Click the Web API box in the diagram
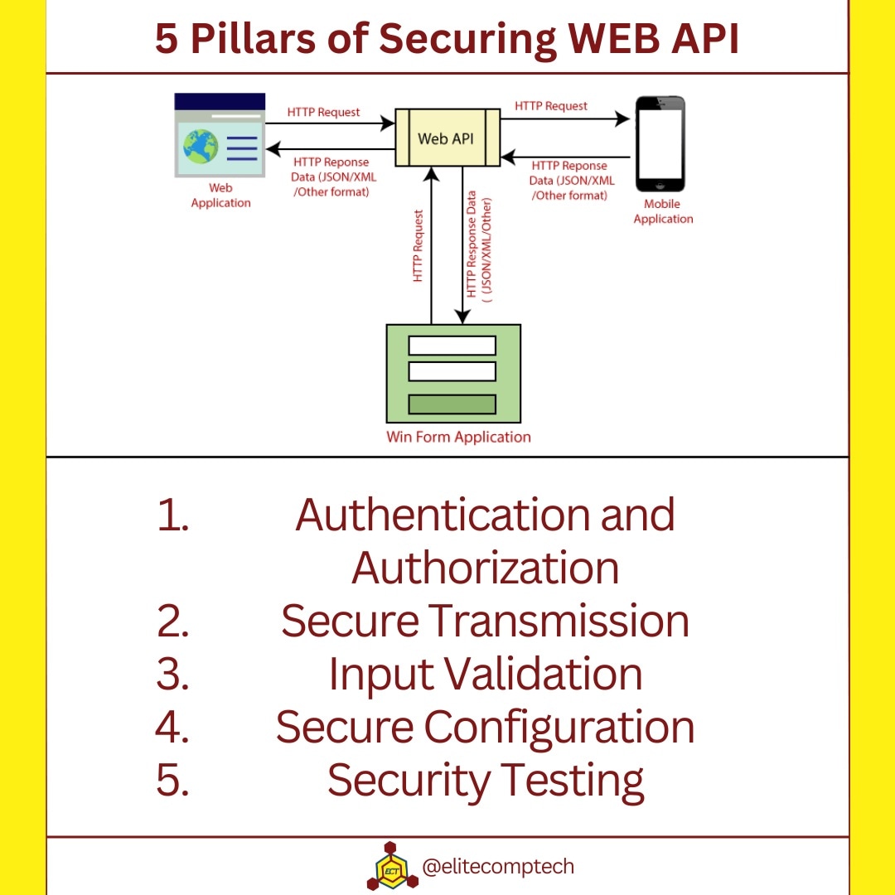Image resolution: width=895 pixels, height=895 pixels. [x=447, y=138]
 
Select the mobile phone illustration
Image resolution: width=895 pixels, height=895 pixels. [x=660, y=143]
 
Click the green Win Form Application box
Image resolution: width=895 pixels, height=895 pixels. [x=453, y=374]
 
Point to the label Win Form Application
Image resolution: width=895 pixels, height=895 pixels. [x=458, y=437]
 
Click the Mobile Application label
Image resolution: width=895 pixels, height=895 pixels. [x=663, y=211]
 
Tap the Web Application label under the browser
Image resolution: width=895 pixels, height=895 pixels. [x=220, y=196]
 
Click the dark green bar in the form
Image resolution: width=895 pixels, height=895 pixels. [x=452, y=404]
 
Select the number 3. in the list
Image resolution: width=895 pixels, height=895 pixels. [x=172, y=674]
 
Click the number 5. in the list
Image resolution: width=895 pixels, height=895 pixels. [x=172, y=781]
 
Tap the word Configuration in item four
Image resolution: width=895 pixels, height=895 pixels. [x=559, y=728]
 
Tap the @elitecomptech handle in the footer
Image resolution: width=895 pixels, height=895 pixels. [x=497, y=867]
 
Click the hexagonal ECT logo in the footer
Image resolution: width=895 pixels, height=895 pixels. [x=389, y=867]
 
